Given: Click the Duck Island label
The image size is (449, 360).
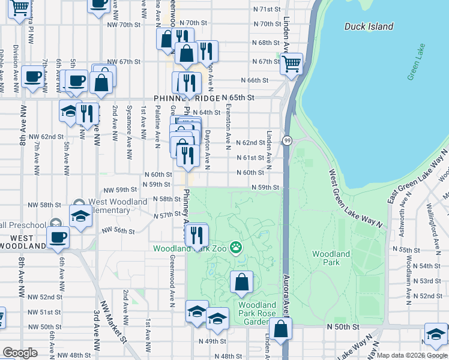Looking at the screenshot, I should [x=369, y=26].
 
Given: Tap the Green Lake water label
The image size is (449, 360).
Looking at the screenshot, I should [x=415, y=62].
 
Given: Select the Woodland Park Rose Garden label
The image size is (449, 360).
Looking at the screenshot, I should [x=258, y=313].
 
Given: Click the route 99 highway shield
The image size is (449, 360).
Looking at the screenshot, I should [x=289, y=140].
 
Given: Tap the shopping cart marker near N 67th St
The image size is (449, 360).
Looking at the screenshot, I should [x=292, y=63].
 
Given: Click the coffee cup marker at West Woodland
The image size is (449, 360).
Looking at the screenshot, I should [x=58, y=237].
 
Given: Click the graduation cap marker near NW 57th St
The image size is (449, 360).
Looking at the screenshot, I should [x=79, y=217].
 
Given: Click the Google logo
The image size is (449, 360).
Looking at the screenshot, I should [x=20, y=353].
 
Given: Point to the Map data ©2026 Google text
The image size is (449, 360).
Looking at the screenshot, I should [x=411, y=355].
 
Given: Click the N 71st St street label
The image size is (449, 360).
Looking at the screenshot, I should [x=267, y=10].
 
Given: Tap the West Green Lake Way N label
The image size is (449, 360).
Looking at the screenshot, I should [x=355, y=199].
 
